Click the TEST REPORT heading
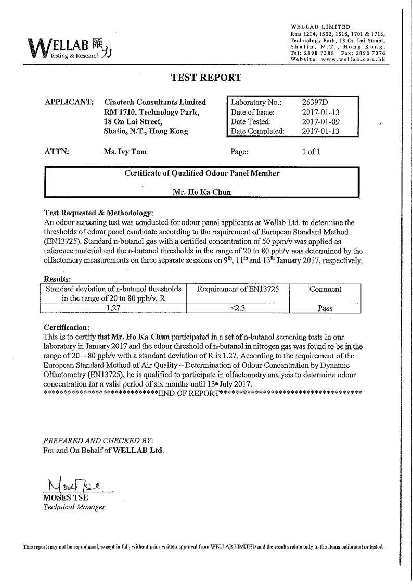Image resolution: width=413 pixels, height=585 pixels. pyautogui.click(x=206, y=78)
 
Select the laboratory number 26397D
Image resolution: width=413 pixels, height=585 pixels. pyautogui.click(x=315, y=102)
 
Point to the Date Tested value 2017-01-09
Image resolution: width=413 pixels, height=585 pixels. pyautogui.click(x=320, y=121)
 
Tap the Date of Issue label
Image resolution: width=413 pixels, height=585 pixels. pyautogui.click(x=252, y=112)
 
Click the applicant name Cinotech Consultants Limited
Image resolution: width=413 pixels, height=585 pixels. pyautogui.click(x=155, y=102)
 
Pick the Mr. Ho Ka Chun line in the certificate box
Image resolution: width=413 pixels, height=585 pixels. pyautogui.click(x=202, y=192)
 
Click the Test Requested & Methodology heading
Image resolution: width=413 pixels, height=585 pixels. pyautogui.click(x=98, y=213)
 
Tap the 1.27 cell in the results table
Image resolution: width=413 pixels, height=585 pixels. pyautogui.click(x=113, y=307)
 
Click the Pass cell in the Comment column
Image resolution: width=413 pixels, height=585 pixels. pyautogui.click(x=325, y=308)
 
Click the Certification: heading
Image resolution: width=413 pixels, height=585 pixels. pyautogui.click(x=67, y=327)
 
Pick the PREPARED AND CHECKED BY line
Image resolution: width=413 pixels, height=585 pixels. pyautogui.click(x=98, y=440)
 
